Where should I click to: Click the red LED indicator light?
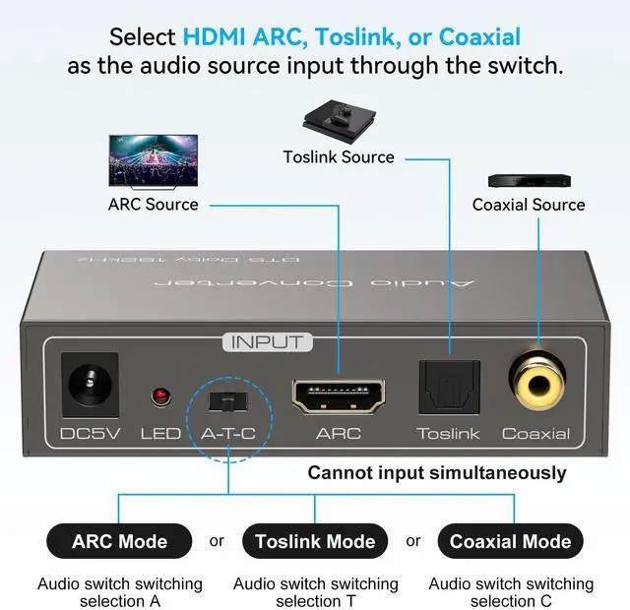coord(159,396)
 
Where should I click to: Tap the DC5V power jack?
coord(90,383)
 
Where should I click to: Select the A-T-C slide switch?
coord(227,400)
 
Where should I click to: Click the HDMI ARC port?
coord(339,395)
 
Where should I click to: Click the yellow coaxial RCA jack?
coord(536,380)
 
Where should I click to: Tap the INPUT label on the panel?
coord(268,342)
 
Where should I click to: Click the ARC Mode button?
coord(119,541)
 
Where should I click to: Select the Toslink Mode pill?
coord(315,541)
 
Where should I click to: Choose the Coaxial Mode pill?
coord(510,541)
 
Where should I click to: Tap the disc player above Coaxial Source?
coord(529,181)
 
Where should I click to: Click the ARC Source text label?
coord(153,205)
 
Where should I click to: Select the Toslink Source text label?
coord(339,157)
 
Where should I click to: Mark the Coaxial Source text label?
coord(529,205)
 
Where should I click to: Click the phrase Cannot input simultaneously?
coord(437,473)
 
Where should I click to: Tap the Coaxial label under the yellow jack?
coord(535,433)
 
